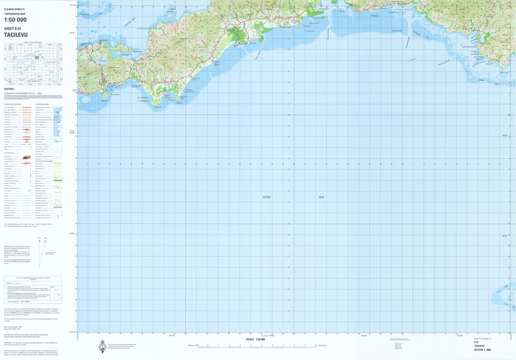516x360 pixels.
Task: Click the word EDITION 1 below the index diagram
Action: pos(9,89)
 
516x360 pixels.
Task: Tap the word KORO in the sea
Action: pos(267,197)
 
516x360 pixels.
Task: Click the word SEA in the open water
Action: pos(320,197)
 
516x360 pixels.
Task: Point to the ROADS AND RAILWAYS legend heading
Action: pos(14,104)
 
